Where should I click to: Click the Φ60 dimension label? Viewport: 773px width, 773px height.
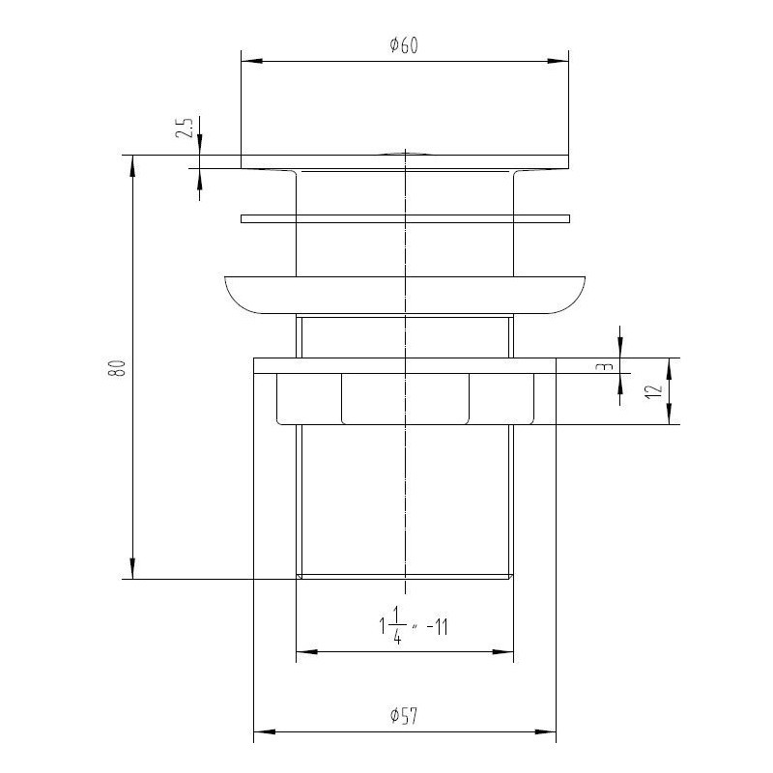[x=404, y=45]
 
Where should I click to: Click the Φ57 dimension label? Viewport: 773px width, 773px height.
[x=404, y=715]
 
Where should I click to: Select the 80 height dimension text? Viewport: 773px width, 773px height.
[x=117, y=368]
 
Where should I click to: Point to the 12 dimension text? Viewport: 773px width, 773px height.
[x=654, y=391]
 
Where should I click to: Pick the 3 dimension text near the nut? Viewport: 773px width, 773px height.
[x=608, y=367]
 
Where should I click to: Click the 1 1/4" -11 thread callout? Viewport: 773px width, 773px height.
[x=414, y=627]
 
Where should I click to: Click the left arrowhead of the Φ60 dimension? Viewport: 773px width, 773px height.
[x=251, y=61]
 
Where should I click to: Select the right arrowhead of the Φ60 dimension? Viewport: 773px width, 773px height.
[x=558, y=61]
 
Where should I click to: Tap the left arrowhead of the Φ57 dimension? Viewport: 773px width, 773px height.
[x=264, y=731]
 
